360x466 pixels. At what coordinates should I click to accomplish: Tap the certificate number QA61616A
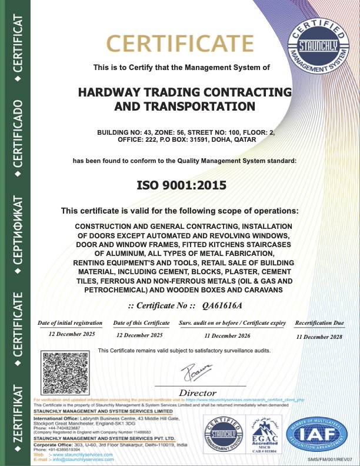(x=222, y=305)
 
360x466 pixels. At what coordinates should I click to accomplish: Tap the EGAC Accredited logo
(x=265, y=436)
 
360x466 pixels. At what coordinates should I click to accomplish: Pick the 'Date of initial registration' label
(x=70, y=323)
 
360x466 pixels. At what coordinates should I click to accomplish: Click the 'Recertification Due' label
(x=319, y=323)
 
